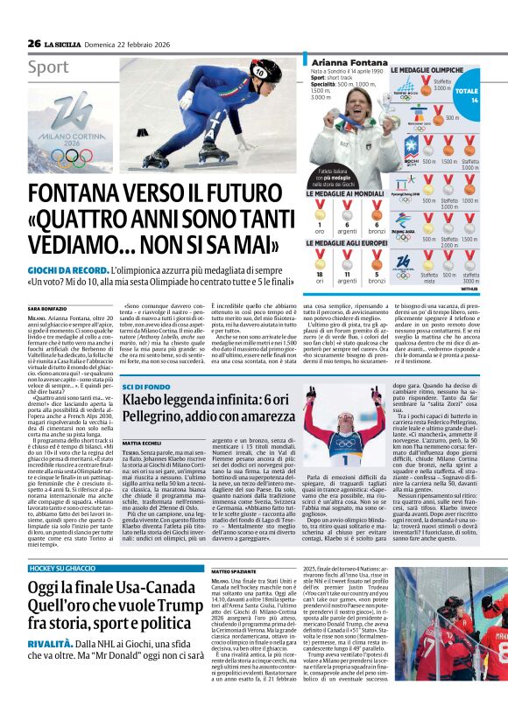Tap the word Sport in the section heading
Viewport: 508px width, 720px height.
[48, 66]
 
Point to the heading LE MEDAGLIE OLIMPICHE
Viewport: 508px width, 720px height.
[427, 70]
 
